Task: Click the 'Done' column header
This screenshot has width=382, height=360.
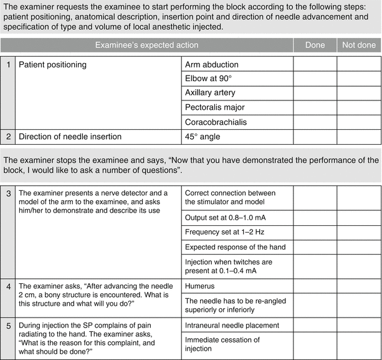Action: click(315, 46)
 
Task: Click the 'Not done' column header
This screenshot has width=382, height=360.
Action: click(359, 46)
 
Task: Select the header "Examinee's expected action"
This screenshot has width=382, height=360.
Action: click(146, 46)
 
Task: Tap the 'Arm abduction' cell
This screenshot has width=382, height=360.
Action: click(212, 64)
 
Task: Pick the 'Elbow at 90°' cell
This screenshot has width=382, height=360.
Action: click(209, 79)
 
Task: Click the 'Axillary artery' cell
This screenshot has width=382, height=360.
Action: click(210, 93)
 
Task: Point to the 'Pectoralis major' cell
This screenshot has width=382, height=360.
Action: click(214, 107)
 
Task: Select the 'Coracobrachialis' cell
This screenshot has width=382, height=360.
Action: click(216, 122)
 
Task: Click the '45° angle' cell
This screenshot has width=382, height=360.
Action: click(203, 136)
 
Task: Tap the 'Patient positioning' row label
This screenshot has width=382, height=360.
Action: click(52, 64)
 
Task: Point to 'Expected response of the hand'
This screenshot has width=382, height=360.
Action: click(235, 247)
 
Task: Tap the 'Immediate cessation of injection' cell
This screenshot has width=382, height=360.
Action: click(222, 344)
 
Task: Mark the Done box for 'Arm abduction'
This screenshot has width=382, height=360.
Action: click(315, 64)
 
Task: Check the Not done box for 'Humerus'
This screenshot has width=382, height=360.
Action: click(359, 283)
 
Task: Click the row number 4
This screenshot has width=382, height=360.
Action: click(7, 284)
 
